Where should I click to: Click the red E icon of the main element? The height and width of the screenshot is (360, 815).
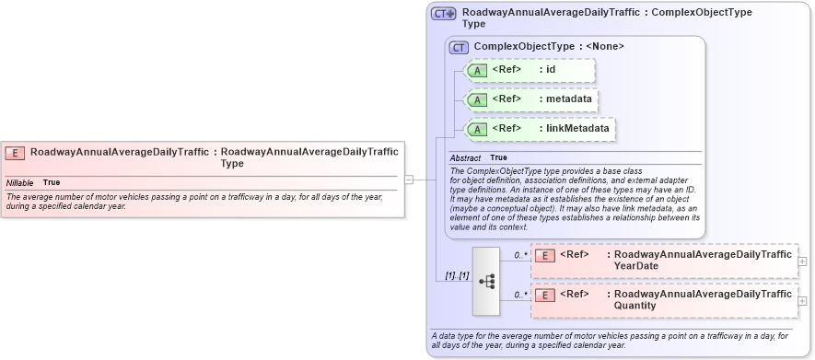(15, 153)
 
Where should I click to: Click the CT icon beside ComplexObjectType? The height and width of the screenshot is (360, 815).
(459, 47)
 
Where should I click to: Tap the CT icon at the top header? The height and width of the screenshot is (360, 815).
(444, 14)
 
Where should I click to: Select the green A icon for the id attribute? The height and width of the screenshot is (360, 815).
(477, 70)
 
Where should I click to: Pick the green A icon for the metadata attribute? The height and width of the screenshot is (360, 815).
(477, 99)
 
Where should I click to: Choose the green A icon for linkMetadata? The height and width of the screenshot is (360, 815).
(477, 129)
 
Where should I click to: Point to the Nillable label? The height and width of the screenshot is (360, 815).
(19, 182)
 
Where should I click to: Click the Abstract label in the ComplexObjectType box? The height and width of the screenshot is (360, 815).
(465, 158)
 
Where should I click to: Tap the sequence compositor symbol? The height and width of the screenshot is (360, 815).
(486, 281)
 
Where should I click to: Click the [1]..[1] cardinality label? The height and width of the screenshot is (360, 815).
(457, 275)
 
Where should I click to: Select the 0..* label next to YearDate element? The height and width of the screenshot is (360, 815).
(521, 255)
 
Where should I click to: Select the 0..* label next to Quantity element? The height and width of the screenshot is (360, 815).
(521, 295)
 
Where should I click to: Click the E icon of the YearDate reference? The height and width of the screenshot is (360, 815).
(545, 256)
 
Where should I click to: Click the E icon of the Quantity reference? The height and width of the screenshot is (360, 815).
(545, 296)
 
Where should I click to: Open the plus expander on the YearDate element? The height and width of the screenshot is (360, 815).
(803, 261)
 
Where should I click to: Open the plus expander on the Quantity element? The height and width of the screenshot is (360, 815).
(803, 300)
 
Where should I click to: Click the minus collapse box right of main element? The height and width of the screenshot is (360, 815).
(408, 180)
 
